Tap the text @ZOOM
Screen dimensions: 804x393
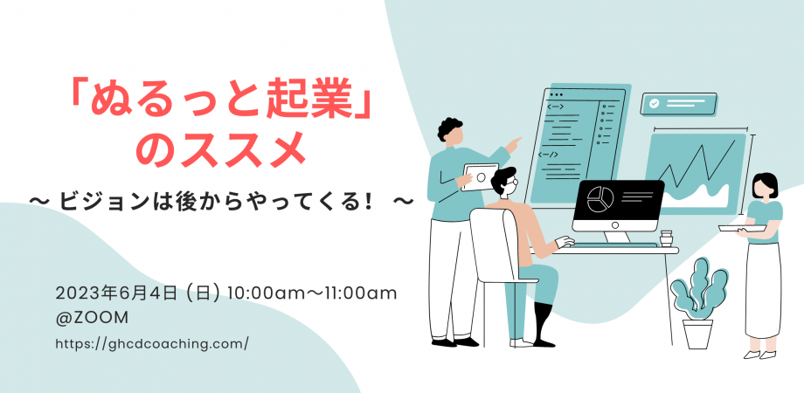coord(93,318)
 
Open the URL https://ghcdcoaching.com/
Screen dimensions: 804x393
coord(152,343)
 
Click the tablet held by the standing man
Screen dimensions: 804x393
coord(480,177)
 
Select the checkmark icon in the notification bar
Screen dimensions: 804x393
coord(654,104)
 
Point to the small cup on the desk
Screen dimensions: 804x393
coord(666,238)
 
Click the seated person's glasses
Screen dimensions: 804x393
coord(513,183)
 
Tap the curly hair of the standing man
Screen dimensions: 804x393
coord(449,128)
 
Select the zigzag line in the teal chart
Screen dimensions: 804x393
coord(697,163)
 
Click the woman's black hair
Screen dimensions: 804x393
coord(765,184)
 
